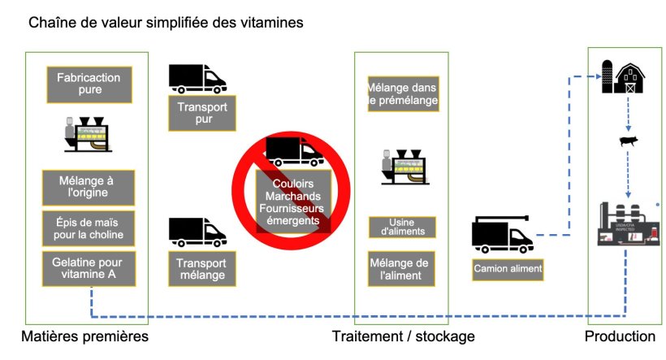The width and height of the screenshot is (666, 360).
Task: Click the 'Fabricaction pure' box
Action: pos(89,85)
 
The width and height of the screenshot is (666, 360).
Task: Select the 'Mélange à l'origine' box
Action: pos(88,188)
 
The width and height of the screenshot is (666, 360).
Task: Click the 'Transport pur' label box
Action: pos(201,113)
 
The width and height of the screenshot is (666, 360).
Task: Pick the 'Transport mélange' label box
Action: pos(201,269)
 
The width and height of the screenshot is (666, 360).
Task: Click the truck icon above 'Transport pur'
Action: pos(197,77)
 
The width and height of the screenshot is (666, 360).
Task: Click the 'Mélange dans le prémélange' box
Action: pos(402,94)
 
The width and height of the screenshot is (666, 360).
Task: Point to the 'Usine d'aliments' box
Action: pos(402,227)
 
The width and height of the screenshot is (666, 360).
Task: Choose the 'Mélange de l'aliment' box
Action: pos(402,269)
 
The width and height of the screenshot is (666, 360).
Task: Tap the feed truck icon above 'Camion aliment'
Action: pos(503,235)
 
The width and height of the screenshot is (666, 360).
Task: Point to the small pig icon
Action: pos(629,142)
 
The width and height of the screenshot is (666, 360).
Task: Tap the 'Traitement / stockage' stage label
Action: pos(403,336)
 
